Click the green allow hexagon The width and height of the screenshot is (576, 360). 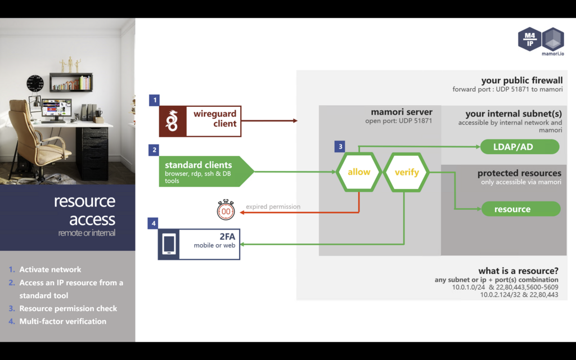tap(359, 172)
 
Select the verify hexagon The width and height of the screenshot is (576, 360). tap(406, 172)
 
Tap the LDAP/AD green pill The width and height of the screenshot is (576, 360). tap(519, 147)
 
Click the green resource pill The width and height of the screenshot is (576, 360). tap(521, 209)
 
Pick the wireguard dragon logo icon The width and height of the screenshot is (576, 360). tap(172, 121)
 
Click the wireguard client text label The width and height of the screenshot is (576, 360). tap(215, 119)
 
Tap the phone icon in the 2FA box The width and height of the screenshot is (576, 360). tap(169, 244)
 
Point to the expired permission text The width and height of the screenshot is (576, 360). tap(273, 206)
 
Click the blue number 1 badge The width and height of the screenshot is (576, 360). tap(154, 100)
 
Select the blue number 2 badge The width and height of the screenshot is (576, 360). tap(154, 150)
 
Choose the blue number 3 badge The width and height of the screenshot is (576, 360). tap(339, 147)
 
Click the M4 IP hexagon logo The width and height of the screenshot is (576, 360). tap(529, 39)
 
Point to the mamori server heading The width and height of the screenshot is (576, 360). tap(402, 112)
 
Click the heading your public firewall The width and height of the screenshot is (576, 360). tap(521, 80)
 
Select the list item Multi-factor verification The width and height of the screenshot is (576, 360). tap(62, 321)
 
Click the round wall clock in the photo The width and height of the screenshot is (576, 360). tap(35, 84)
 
